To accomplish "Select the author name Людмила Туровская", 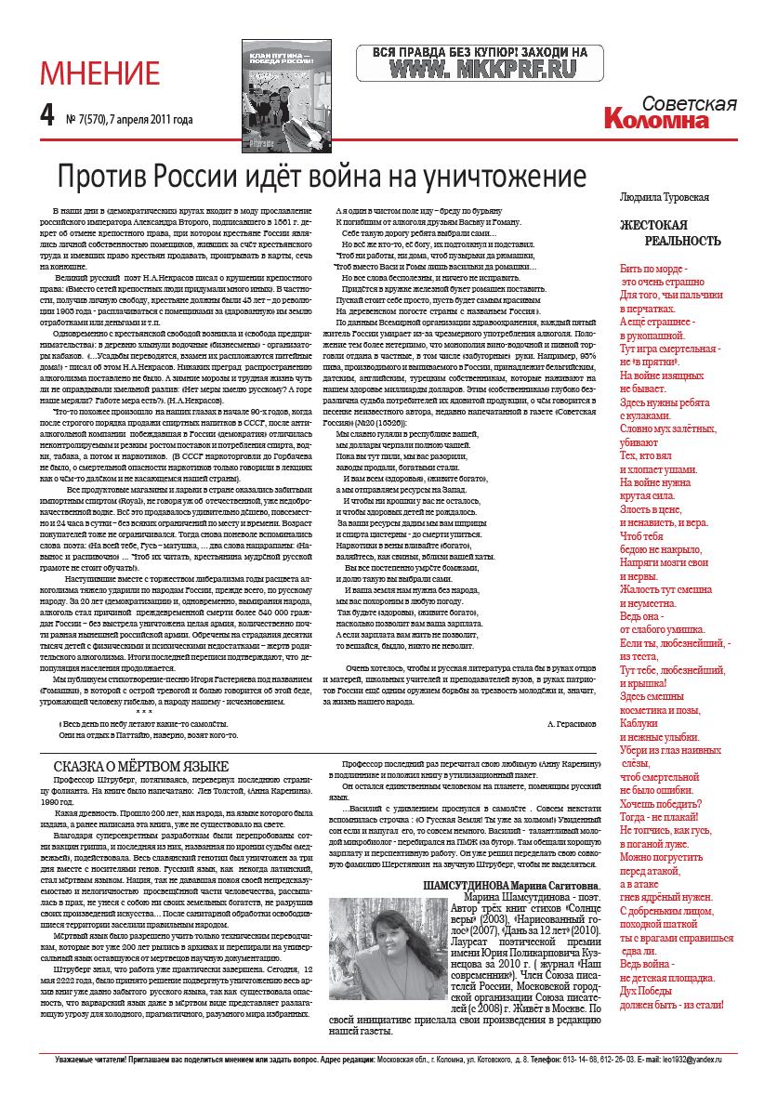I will (665, 197).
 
